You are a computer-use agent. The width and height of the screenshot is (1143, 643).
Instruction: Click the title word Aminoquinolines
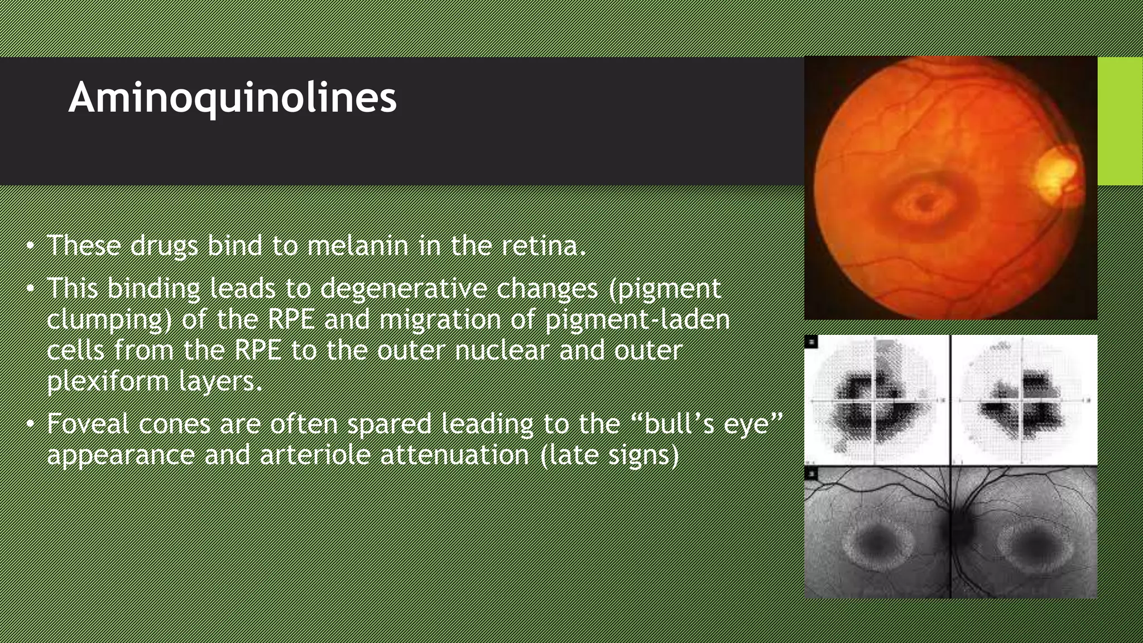pyautogui.click(x=232, y=98)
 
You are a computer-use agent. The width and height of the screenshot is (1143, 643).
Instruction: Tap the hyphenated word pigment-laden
pyautogui.click(x=637, y=319)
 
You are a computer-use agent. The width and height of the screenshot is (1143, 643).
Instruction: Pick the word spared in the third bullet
pyautogui.click(x=389, y=424)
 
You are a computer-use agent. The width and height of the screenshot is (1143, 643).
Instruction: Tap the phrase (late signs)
pyautogui.click(x=610, y=455)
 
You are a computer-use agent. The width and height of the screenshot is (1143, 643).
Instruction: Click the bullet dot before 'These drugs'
pyautogui.click(x=31, y=246)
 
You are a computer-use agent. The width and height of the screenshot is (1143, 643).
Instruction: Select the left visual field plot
pyautogui.click(x=876, y=400)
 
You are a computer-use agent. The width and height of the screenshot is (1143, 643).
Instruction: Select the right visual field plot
pyautogui.click(x=1024, y=400)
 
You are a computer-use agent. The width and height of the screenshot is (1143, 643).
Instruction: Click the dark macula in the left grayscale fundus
pyautogui.click(x=875, y=540)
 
